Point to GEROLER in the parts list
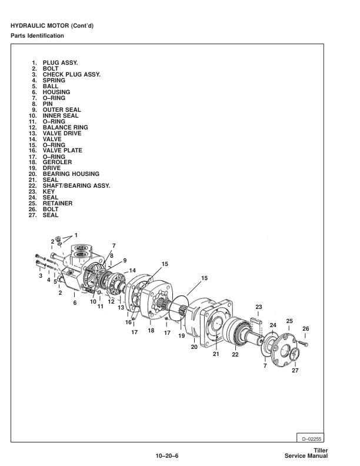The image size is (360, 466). click(57, 162)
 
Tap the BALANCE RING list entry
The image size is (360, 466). click(65, 127)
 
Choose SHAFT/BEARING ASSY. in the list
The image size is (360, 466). click(76, 185)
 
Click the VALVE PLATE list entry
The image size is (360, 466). click(62, 151)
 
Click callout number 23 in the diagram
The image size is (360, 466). click(258, 307)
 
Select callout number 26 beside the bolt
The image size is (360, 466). click(305, 328)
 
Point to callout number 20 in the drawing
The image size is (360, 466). click(194, 347)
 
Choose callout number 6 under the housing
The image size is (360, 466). click(75, 303)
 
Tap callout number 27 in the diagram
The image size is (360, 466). click(295, 370)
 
